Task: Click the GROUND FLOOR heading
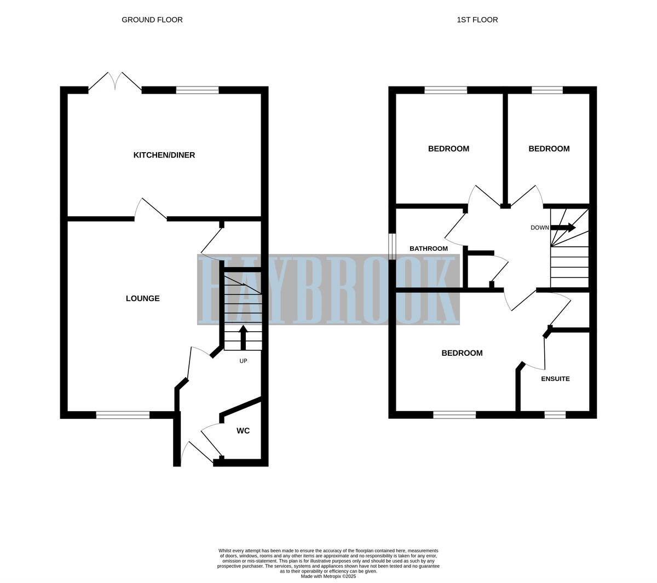[x=152, y=20]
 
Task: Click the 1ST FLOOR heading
[x=477, y=20]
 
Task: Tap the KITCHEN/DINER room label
[x=164, y=155]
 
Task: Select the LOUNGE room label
[x=142, y=298]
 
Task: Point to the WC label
[x=243, y=431]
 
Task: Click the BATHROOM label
[x=428, y=249]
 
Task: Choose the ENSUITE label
[x=555, y=379]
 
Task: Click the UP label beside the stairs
[x=243, y=361]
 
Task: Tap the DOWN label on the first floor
[x=539, y=228]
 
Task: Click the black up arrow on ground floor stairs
[x=243, y=337]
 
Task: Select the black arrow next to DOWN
[x=564, y=227]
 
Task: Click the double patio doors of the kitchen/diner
[x=115, y=82]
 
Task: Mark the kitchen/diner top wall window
[x=197, y=90]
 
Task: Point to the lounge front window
[x=123, y=415]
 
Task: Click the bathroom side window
[x=392, y=247]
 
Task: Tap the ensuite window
[x=555, y=415]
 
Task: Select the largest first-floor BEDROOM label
[x=462, y=353]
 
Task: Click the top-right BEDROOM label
[x=549, y=149]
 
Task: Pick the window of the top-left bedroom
[x=446, y=90]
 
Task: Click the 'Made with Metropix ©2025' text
[x=328, y=576]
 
